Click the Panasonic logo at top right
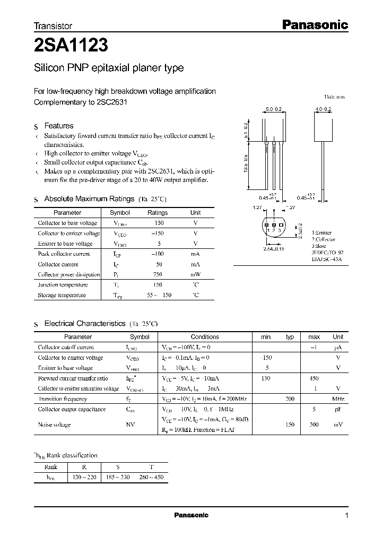click(314, 24)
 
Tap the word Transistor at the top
click(53, 25)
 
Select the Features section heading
click(58, 126)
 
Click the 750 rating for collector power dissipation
click(157, 274)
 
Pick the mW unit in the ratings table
click(195, 274)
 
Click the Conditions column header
click(204, 337)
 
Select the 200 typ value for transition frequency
click(290, 399)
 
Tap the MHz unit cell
click(337, 399)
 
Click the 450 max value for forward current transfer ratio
click(314, 378)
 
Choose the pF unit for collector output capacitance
click(337, 409)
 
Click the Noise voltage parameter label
click(54, 425)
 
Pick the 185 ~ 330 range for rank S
click(116, 478)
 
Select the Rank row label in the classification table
click(51, 467)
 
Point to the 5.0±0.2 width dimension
click(273, 109)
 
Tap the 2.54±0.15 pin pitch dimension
click(273, 248)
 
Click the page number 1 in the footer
click(346, 515)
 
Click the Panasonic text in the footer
click(191, 515)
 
